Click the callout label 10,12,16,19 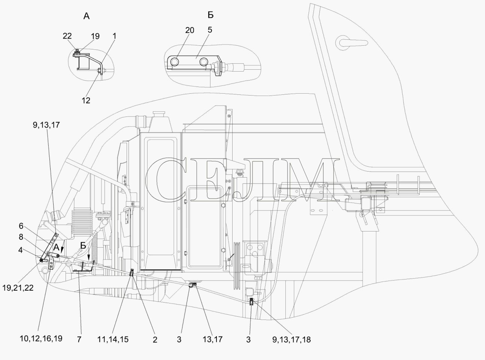41,339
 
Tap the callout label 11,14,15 113,339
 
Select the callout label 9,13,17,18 291,340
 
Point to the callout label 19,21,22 18,288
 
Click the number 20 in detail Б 190,30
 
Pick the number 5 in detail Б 210,30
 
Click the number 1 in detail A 114,36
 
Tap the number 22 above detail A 67,36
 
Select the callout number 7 79,339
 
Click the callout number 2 155,340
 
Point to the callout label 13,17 213,339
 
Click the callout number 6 21,226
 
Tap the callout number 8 21,237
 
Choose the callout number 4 20,250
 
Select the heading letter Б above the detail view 210,15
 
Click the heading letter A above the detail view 87,16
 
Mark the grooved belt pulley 237,266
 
